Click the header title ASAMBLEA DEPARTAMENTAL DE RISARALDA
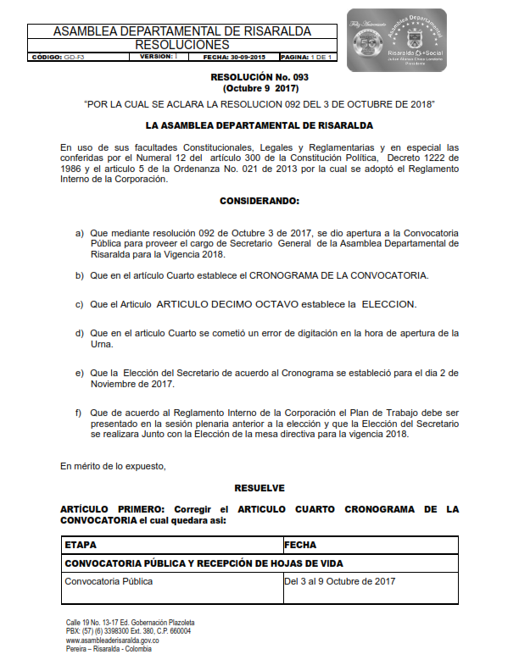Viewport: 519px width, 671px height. click(x=182, y=31)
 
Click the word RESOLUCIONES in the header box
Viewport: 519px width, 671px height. click(x=182, y=45)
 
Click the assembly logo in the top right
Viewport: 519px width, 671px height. click(x=396, y=40)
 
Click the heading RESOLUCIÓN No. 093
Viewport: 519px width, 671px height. click(x=259, y=77)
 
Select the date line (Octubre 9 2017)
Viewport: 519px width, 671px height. click(x=259, y=88)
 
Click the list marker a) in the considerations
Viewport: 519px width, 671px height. click(x=80, y=232)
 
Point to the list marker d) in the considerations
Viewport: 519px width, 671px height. click(x=80, y=333)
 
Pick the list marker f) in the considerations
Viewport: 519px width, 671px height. click(x=80, y=413)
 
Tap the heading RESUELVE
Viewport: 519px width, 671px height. click(x=259, y=488)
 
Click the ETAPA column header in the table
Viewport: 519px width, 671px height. click(x=81, y=546)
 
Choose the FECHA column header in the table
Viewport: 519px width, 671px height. click(x=301, y=546)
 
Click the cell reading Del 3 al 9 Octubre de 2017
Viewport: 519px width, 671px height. click(x=340, y=581)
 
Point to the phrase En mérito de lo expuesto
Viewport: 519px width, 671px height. click(x=113, y=466)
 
